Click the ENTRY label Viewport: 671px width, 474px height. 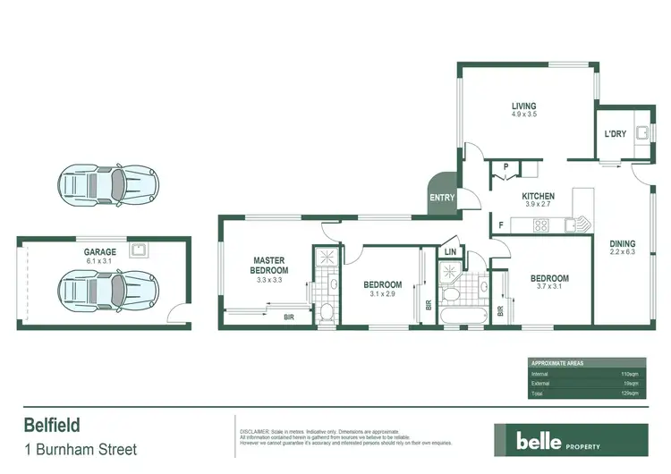click(442, 199)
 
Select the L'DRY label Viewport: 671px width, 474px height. click(615, 134)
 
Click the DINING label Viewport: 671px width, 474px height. click(623, 244)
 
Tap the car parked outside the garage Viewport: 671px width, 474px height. click(108, 186)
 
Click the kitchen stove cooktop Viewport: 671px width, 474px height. click(541, 225)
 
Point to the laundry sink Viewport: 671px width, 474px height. click(641, 135)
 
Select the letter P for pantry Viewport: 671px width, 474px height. click(505, 167)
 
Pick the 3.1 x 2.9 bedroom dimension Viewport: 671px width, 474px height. click(382, 294)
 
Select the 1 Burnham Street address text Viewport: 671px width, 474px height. click(80, 449)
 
